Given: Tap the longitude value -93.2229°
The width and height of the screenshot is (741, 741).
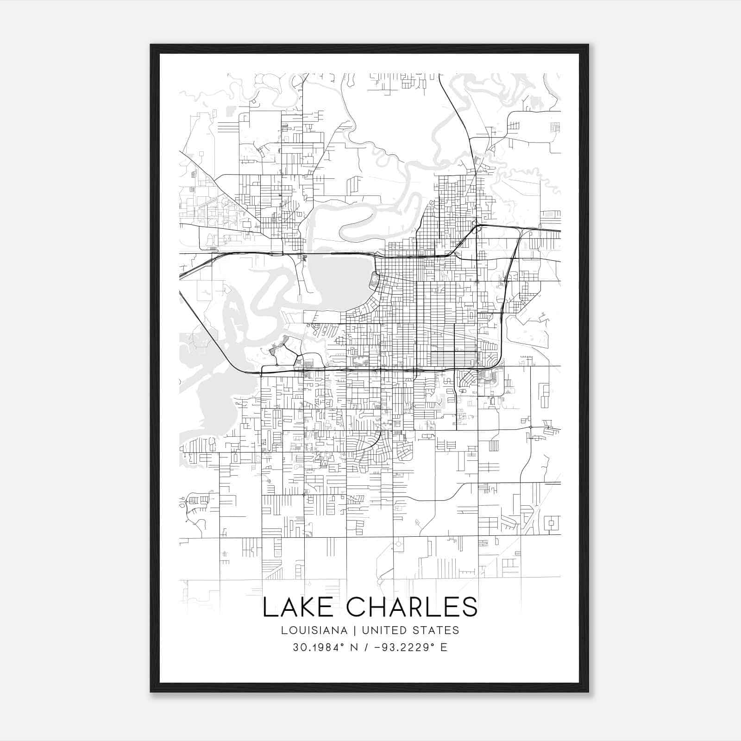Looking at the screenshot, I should (401, 647).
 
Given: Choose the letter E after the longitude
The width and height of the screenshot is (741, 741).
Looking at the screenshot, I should (444, 647).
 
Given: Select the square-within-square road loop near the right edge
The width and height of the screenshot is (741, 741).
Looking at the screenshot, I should (551, 524).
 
